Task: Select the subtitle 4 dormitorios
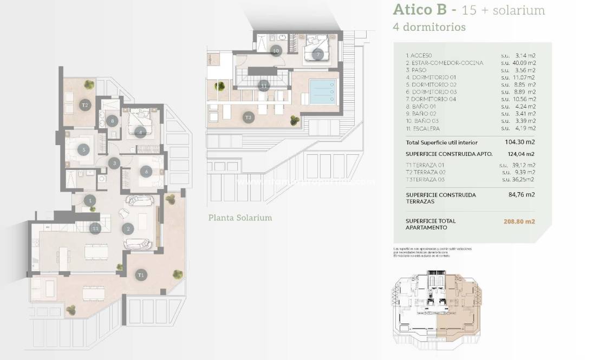click(429, 27)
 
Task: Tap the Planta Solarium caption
click(240, 218)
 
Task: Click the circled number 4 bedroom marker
click(140, 132)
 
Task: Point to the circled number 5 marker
click(83, 150)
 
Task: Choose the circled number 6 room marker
click(146, 172)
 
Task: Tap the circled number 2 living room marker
click(128, 229)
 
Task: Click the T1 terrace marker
click(141, 274)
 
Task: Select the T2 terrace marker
click(84, 104)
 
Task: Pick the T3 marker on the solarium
click(248, 117)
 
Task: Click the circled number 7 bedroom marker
click(317, 54)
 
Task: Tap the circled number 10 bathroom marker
click(276, 51)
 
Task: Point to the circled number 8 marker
click(112, 121)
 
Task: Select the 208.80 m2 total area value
click(519, 221)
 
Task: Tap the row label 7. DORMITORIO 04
click(430, 99)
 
